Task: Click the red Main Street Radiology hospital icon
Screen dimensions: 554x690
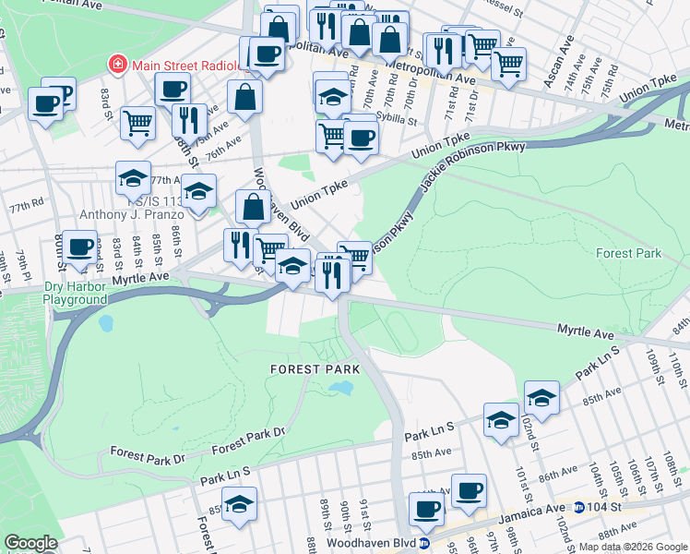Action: (117, 65)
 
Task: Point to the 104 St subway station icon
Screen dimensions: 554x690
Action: (578, 507)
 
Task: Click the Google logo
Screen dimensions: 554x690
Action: (30, 542)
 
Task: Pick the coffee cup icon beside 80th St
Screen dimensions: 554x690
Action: (80, 247)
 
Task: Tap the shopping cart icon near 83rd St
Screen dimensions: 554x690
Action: (137, 121)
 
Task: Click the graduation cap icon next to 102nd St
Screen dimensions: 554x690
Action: (541, 398)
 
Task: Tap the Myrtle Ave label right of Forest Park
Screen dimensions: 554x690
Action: (585, 331)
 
